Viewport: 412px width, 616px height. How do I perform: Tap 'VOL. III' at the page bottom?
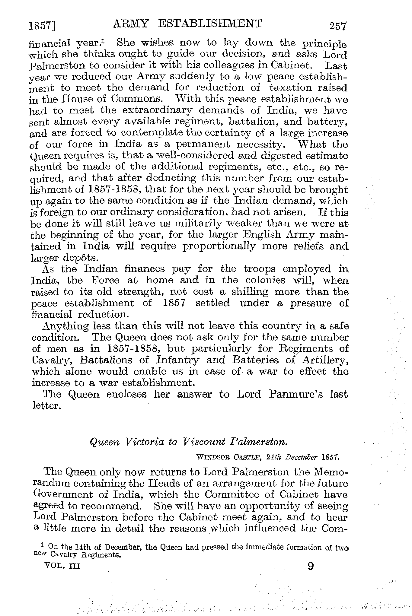pyautogui.click(x=62, y=566)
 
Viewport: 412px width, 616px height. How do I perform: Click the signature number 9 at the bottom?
pyautogui.click(x=310, y=566)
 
